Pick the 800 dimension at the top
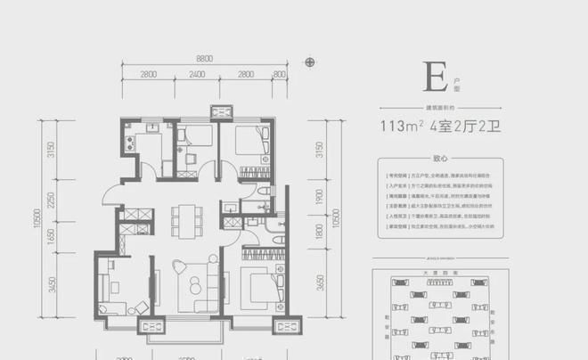point(280,74)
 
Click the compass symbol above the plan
point(309,62)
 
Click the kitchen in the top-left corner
point(142,147)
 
